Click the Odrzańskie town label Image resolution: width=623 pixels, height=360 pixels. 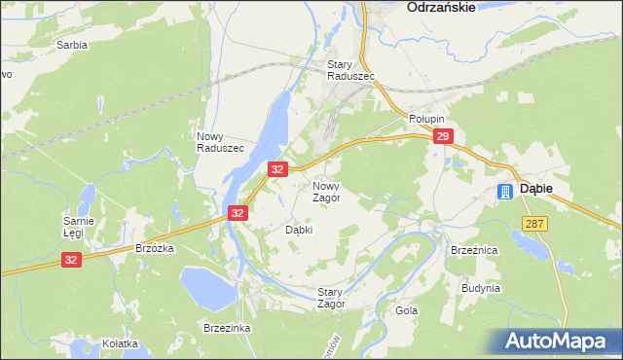coord(441,7)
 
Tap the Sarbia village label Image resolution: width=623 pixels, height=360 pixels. coord(72,45)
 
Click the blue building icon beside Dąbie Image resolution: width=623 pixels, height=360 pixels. coord(505,192)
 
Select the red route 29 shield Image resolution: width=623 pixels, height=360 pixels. coord(444,138)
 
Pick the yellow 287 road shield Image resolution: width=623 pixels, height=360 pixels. coord(534,224)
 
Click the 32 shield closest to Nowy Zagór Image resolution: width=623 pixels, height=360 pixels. coord(277,169)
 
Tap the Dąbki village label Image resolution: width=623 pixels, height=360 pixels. coord(299,231)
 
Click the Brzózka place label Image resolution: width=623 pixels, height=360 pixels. coord(155,248)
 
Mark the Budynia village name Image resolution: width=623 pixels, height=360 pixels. coord(482,288)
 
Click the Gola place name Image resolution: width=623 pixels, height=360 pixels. coord(406,311)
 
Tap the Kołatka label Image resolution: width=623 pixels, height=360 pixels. coord(120,343)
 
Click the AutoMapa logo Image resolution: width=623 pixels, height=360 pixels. coord(560,341)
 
